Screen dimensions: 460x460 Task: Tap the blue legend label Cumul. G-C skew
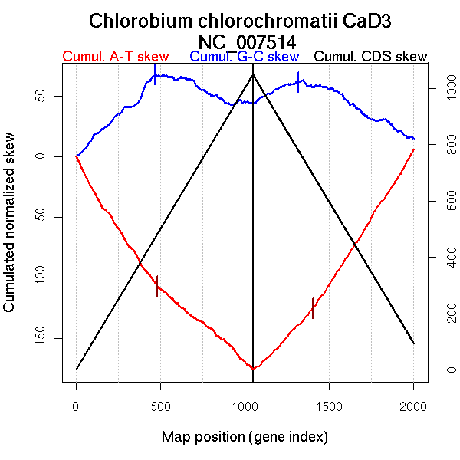click(244, 57)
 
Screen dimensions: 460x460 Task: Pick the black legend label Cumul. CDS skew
click(371, 57)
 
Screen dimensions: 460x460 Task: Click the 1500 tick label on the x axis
click(329, 404)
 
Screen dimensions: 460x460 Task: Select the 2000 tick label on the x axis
click(413, 404)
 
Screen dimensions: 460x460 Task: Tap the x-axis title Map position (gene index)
click(245, 437)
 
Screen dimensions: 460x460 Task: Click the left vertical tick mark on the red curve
click(157, 285)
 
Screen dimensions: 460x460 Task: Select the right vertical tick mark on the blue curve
click(298, 82)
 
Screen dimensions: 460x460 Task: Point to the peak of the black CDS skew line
click(253, 74)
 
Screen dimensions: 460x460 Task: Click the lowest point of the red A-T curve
click(252, 368)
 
